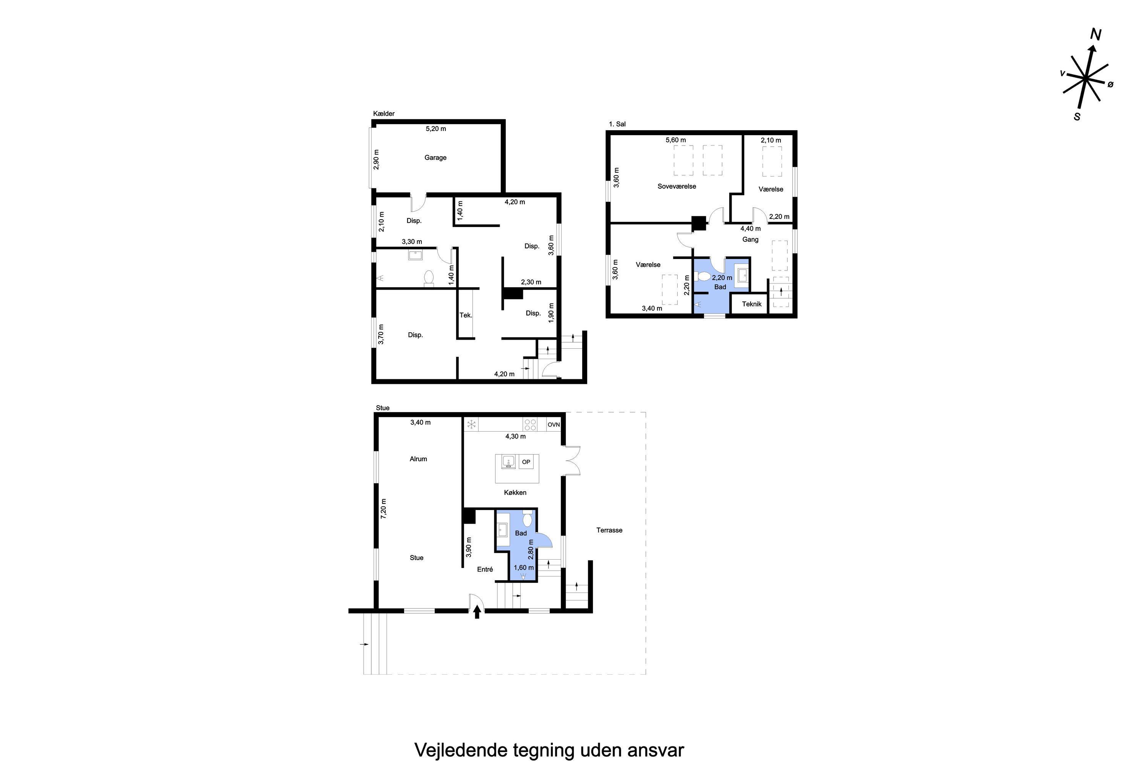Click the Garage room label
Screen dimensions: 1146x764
[x=435, y=157]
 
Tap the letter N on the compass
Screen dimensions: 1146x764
[x=1096, y=35]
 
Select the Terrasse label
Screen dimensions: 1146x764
[x=609, y=530]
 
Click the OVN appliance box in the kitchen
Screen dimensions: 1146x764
[x=554, y=424]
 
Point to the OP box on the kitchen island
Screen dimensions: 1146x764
[x=526, y=462]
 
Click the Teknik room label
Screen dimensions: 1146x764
[x=751, y=304]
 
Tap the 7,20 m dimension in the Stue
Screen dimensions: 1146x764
[x=384, y=508]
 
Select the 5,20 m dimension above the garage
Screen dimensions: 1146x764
[x=435, y=129]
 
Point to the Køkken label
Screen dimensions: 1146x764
[x=515, y=493]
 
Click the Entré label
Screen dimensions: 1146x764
[x=485, y=569]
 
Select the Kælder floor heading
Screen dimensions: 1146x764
[x=384, y=113]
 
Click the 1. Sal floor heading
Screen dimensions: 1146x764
[x=617, y=124]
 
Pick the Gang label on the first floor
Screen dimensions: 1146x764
[x=750, y=239]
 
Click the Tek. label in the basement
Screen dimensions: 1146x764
[x=466, y=315]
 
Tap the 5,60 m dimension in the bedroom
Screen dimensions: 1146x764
[x=675, y=140]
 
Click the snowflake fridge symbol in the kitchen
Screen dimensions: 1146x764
[x=471, y=424]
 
